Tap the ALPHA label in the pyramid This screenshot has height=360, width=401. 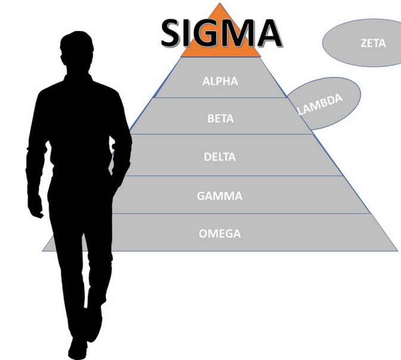pyautogui.click(x=220, y=81)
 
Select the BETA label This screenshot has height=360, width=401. pyautogui.click(x=220, y=118)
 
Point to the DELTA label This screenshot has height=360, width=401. pyautogui.click(x=220, y=157)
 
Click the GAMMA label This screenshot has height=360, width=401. pyautogui.click(x=220, y=195)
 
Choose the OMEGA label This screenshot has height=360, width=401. pyautogui.click(x=220, y=233)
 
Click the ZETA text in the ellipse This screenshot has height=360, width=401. pyautogui.click(x=373, y=43)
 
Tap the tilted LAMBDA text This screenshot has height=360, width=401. pyautogui.click(x=321, y=104)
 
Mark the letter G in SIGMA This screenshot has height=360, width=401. pyautogui.click(x=209, y=32)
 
